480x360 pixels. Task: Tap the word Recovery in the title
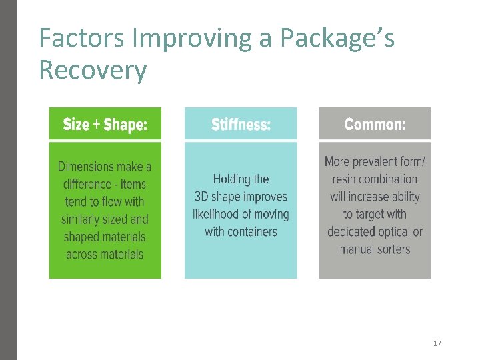pyautogui.click(x=93, y=69)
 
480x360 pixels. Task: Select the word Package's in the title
pyautogui.click(x=337, y=39)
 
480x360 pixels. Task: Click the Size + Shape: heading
pyautogui.click(x=105, y=125)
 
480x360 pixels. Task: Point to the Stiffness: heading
pyautogui.click(x=241, y=125)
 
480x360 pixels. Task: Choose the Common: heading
pyautogui.click(x=375, y=125)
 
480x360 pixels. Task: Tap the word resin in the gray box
pyautogui.click(x=345, y=179)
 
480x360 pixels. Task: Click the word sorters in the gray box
pyautogui.click(x=393, y=249)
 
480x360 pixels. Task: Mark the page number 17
pyautogui.click(x=437, y=343)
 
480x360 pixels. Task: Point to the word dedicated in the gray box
pyautogui.click(x=351, y=231)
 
